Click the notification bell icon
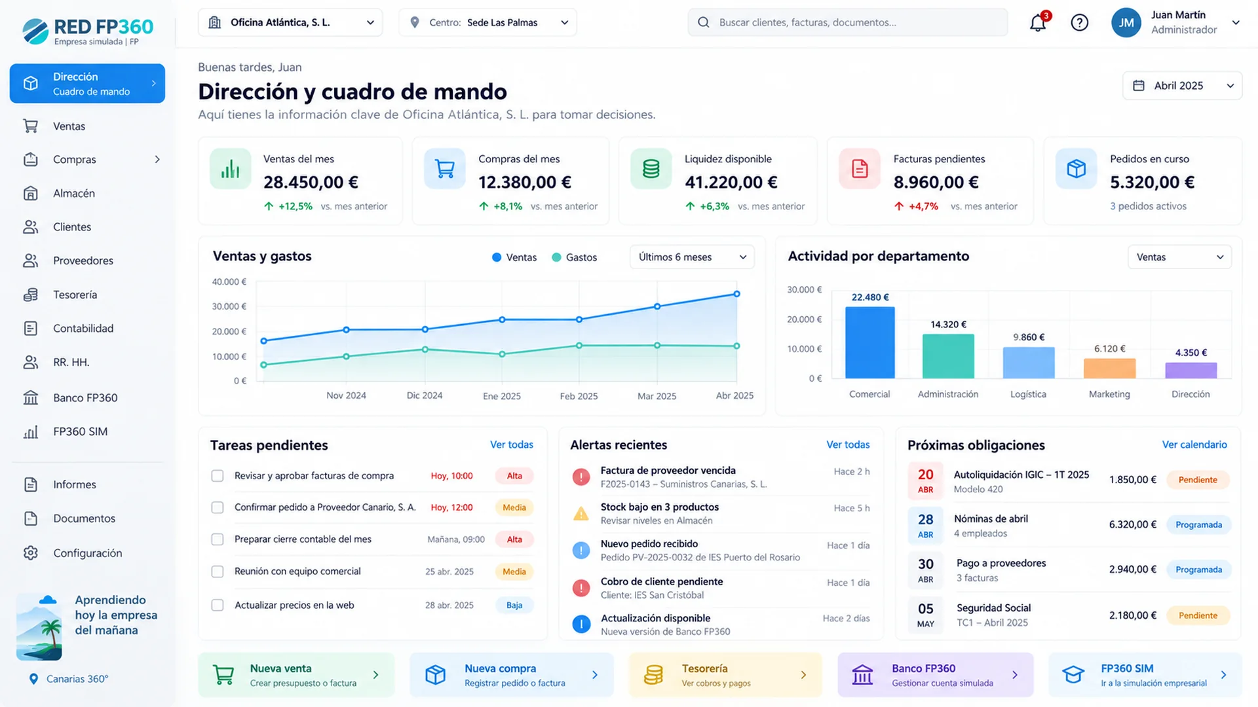pos(1038,23)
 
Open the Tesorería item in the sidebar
pos(75,295)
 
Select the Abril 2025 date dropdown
pos(1182,86)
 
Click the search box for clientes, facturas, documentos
pos(847,22)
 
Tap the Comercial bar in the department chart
pos(869,342)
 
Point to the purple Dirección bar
pos(1191,371)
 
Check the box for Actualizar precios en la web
pos(218,605)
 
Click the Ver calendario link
pos(1194,444)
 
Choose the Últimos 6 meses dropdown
pos(692,257)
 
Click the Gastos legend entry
pos(575,257)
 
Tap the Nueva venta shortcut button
pos(296,675)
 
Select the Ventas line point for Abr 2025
pos(736,294)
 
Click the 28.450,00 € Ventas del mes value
pos(311,183)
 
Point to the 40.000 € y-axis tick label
pos(229,281)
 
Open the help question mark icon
pos(1079,23)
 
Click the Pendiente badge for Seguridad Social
pos(1198,615)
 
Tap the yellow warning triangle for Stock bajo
pos(581,514)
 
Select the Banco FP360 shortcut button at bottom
pos(935,675)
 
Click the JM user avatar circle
pos(1126,23)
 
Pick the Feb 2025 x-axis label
pos(579,396)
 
